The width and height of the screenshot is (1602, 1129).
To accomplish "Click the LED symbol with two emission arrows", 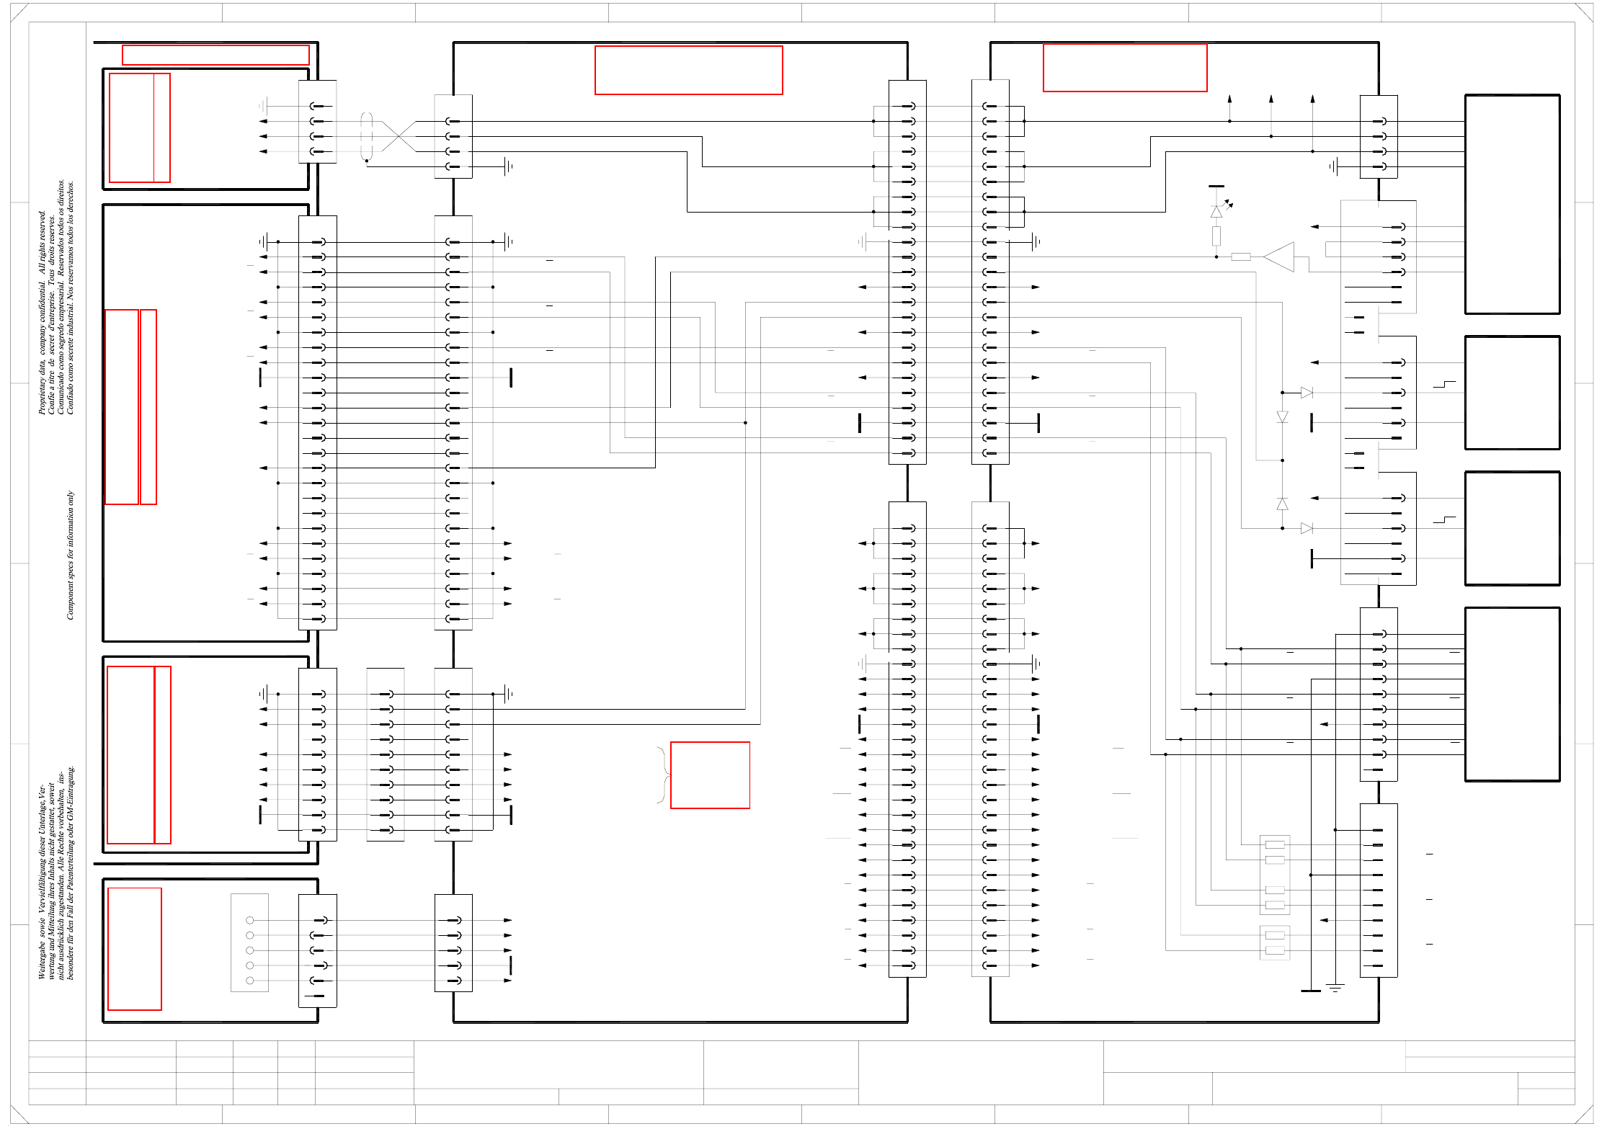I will point(1217,211).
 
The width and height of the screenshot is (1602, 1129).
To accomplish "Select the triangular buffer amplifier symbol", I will point(1280,257).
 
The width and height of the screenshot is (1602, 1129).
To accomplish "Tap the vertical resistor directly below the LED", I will point(1216,236).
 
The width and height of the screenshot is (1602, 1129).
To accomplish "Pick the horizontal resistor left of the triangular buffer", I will point(1240,256).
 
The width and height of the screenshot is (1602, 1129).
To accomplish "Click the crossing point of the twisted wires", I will point(399,136).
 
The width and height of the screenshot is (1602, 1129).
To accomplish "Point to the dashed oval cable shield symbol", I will point(367,136).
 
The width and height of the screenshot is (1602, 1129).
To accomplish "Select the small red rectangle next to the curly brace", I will point(710,775).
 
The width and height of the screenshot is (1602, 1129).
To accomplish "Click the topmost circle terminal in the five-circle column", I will point(250,920).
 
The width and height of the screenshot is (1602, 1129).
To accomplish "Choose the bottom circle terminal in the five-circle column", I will point(250,981).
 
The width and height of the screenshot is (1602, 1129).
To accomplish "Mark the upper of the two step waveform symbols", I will point(1444,384).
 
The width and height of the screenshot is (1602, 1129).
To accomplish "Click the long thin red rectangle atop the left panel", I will point(215,55).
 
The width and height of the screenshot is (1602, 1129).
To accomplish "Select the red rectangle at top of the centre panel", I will point(688,70).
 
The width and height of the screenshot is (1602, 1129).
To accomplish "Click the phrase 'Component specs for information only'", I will point(70,555).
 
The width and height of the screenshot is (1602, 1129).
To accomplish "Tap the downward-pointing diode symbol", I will point(1282,417).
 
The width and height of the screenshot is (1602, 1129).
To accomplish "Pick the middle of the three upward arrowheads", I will point(1271,99).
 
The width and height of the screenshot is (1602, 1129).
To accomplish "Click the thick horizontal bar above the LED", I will point(1216,186).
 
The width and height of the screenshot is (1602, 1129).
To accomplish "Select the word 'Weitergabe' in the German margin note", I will point(42,963).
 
